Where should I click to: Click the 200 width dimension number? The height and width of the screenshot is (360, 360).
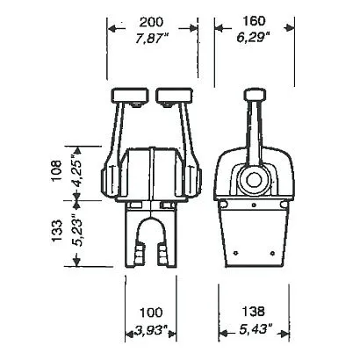point(151,23)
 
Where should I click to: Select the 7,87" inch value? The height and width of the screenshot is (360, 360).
point(153,39)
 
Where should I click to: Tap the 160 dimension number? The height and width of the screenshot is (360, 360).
point(254,21)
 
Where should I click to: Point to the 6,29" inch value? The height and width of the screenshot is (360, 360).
point(253,38)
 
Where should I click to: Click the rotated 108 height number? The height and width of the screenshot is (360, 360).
point(56,170)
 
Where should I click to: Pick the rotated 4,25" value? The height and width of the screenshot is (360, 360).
point(76,172)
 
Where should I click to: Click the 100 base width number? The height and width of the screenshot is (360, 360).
point(151,313)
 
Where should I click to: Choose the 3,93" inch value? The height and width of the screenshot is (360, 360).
point(151,331)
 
